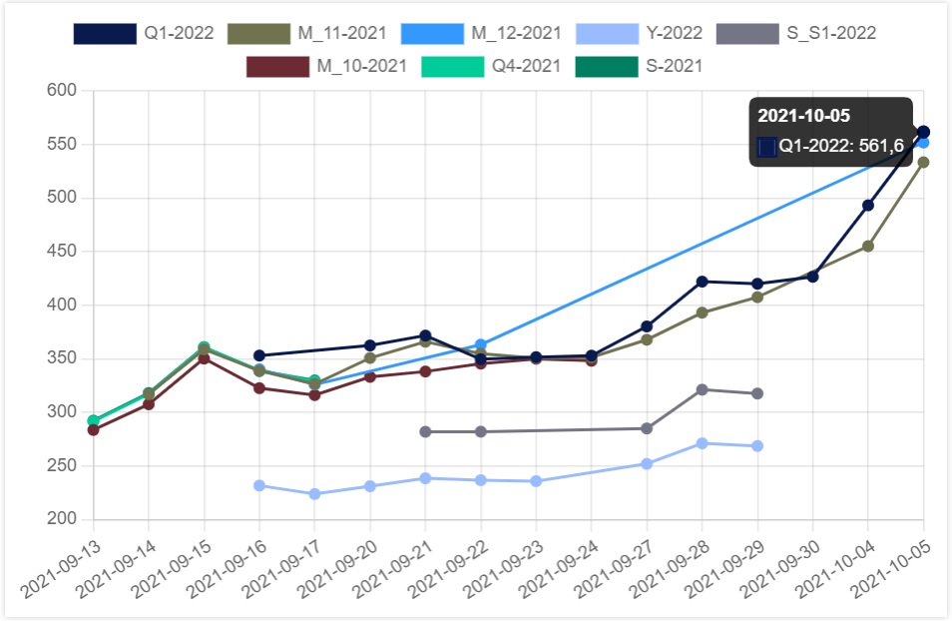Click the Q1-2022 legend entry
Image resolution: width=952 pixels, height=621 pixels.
pyautogui.click(x=144, y=33)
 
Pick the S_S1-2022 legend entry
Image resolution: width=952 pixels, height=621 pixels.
pyautogui.click(x=795, y=33)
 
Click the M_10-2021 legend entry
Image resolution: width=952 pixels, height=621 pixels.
pyautogui.click(x=326, y=66)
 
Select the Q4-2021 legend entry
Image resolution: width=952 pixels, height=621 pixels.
pyautogui.click(x=489, y=66)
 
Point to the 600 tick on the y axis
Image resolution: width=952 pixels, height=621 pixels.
pyautogui.click(x=62, y=91)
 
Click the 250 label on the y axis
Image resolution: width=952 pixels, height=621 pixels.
pyautogui.click(x=62, y=465)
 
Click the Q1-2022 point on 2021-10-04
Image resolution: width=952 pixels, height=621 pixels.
pyautogui.click(x=868, y=205)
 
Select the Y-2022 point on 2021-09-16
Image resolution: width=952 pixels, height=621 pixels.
pyautogui.click(x=259, y=485)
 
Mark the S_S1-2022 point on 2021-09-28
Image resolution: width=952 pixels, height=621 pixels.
pyautogui.click(x=702, y=389)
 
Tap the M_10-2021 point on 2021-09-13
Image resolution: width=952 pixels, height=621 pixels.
pyautogui.click(x=94, y=429)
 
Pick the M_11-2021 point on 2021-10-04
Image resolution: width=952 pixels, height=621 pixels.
pyautogui.click(x=868, y=246)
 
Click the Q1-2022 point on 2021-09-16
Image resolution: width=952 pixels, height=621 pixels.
pyautogui.click(x=259, y=355)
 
